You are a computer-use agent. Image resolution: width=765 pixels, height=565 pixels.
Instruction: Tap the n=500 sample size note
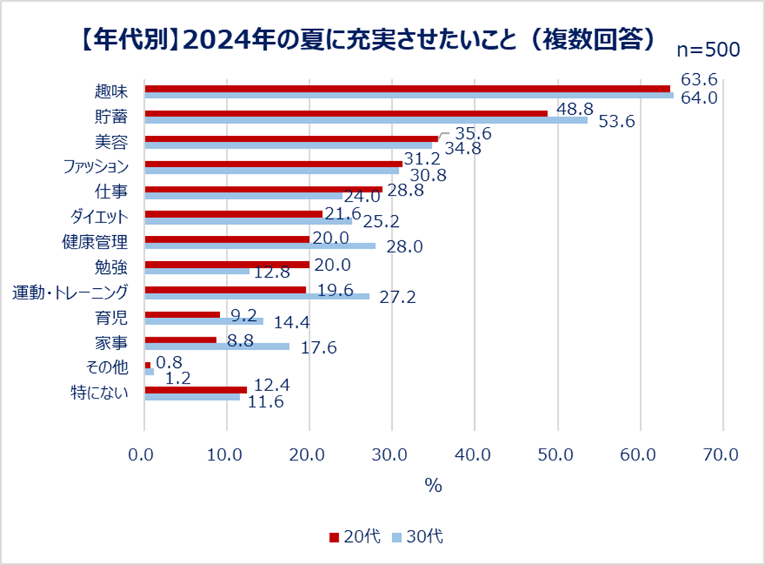(708, 50)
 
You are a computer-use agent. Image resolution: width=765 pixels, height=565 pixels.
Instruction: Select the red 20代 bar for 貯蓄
(346, 113)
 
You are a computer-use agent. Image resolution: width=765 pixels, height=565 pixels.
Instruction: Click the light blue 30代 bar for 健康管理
(260, 246)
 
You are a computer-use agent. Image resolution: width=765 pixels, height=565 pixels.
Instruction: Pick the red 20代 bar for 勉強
(227, 264)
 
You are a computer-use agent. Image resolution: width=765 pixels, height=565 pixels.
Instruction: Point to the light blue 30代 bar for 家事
(217, 346)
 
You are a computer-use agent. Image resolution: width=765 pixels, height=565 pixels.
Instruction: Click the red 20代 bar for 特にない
(195, 390)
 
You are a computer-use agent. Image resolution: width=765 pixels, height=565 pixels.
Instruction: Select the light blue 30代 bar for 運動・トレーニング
(256, 296)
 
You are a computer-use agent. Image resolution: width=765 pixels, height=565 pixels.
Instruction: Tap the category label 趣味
(112, 92)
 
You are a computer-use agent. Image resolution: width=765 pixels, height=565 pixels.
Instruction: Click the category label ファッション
(94, 167)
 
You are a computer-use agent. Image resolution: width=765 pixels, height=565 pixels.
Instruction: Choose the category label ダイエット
(98, 217)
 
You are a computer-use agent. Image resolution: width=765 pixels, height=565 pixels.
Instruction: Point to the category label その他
(108, 368)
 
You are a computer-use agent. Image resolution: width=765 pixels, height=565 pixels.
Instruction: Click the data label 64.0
(699, 97)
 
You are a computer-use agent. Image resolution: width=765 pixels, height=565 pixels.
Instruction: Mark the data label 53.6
(616, 122)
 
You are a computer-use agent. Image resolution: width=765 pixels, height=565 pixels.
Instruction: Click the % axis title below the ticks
(433, 484)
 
